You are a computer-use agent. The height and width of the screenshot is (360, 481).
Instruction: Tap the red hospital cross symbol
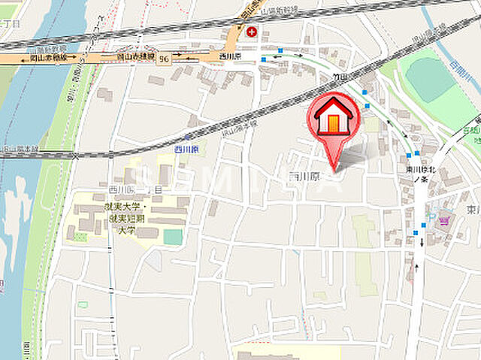pos(251,32)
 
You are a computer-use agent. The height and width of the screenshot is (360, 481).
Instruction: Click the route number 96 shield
pos(163,59)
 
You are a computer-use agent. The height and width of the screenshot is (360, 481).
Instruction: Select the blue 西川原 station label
pos(186,150)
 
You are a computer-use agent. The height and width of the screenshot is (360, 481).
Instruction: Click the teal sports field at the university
pos(173,237)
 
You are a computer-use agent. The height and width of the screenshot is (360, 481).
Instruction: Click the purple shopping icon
pos(443,220)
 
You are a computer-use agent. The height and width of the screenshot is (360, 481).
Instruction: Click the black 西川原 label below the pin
pos(303,176)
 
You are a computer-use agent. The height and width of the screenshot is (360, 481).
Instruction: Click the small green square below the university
pos(82,305)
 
